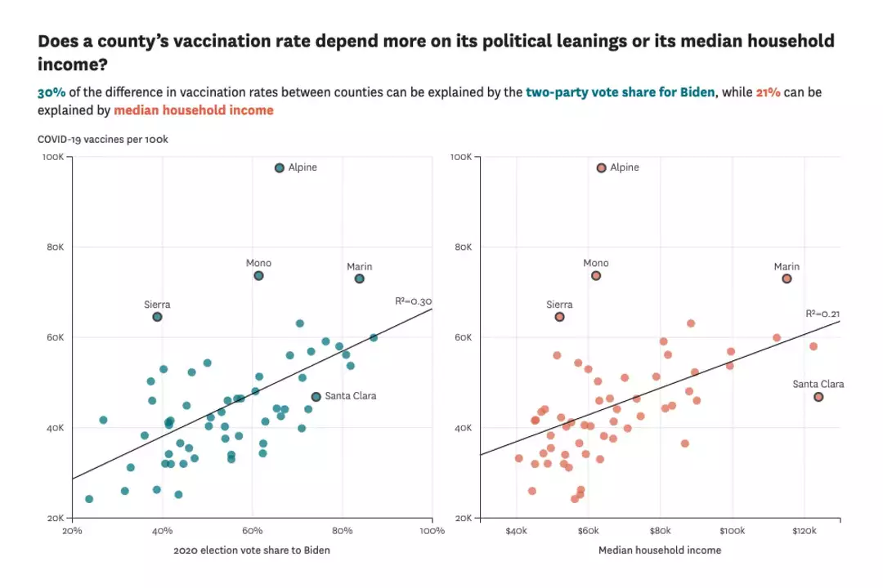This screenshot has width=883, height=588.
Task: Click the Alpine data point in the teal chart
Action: coord(280,167)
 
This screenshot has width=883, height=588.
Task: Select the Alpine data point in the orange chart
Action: coord(602,167)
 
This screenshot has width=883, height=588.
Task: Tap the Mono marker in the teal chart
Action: coord(258,276)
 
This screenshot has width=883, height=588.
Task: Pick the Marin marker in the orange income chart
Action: coord(787,278)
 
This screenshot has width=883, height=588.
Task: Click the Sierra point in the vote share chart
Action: coord(157,317)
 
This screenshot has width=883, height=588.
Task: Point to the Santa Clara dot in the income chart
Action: coord(818,397)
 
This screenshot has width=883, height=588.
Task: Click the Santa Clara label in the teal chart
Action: coord(351,396)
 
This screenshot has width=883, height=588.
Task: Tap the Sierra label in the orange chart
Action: coord(559,305)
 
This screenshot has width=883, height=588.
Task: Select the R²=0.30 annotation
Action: coord(413,301)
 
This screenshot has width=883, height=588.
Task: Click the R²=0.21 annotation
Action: coord(822,313)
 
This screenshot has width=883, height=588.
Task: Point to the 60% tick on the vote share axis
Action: coord(253,531)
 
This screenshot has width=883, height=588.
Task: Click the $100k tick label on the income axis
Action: coord(733,531)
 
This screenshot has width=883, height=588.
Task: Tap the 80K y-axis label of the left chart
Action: coord(53,247)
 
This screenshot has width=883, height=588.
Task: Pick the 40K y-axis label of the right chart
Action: coord(461,428)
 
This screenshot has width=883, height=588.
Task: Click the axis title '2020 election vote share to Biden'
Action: coord(252,550)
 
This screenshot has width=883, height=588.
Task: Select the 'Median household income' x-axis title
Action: coord(660,550)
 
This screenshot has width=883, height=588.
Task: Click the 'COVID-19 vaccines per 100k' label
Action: coord(103,140)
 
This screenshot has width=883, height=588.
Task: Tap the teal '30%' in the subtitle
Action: coord(52,92)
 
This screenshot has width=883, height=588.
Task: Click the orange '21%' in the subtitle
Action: coord(768,92)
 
